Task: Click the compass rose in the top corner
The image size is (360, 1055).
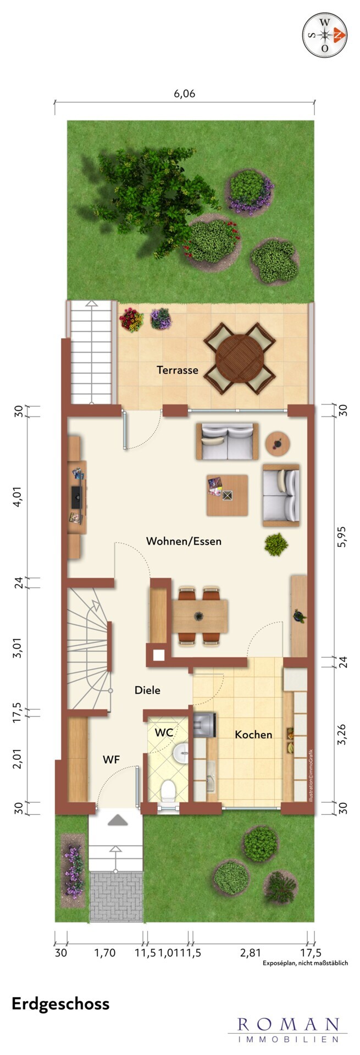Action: (x=325, y=34)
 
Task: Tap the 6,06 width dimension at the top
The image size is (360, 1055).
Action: (x=185, y=93)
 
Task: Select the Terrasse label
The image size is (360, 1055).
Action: (x=178, y=370)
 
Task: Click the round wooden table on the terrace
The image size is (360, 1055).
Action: (x=240, y=358)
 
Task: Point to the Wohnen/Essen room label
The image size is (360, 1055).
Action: (x=184, y=541)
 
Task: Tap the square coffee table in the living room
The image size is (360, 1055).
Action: (x=227, y=495)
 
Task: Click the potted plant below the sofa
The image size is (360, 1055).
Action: (x=276, y=545)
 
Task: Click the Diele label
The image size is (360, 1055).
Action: (x=148, y=690)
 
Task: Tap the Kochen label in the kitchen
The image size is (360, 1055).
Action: (x=253, y=734)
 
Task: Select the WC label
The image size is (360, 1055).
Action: (x=164, y=732)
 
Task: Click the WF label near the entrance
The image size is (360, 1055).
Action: (x=112, y=760)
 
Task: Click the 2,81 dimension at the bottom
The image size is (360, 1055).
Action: (x=251, y=953)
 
